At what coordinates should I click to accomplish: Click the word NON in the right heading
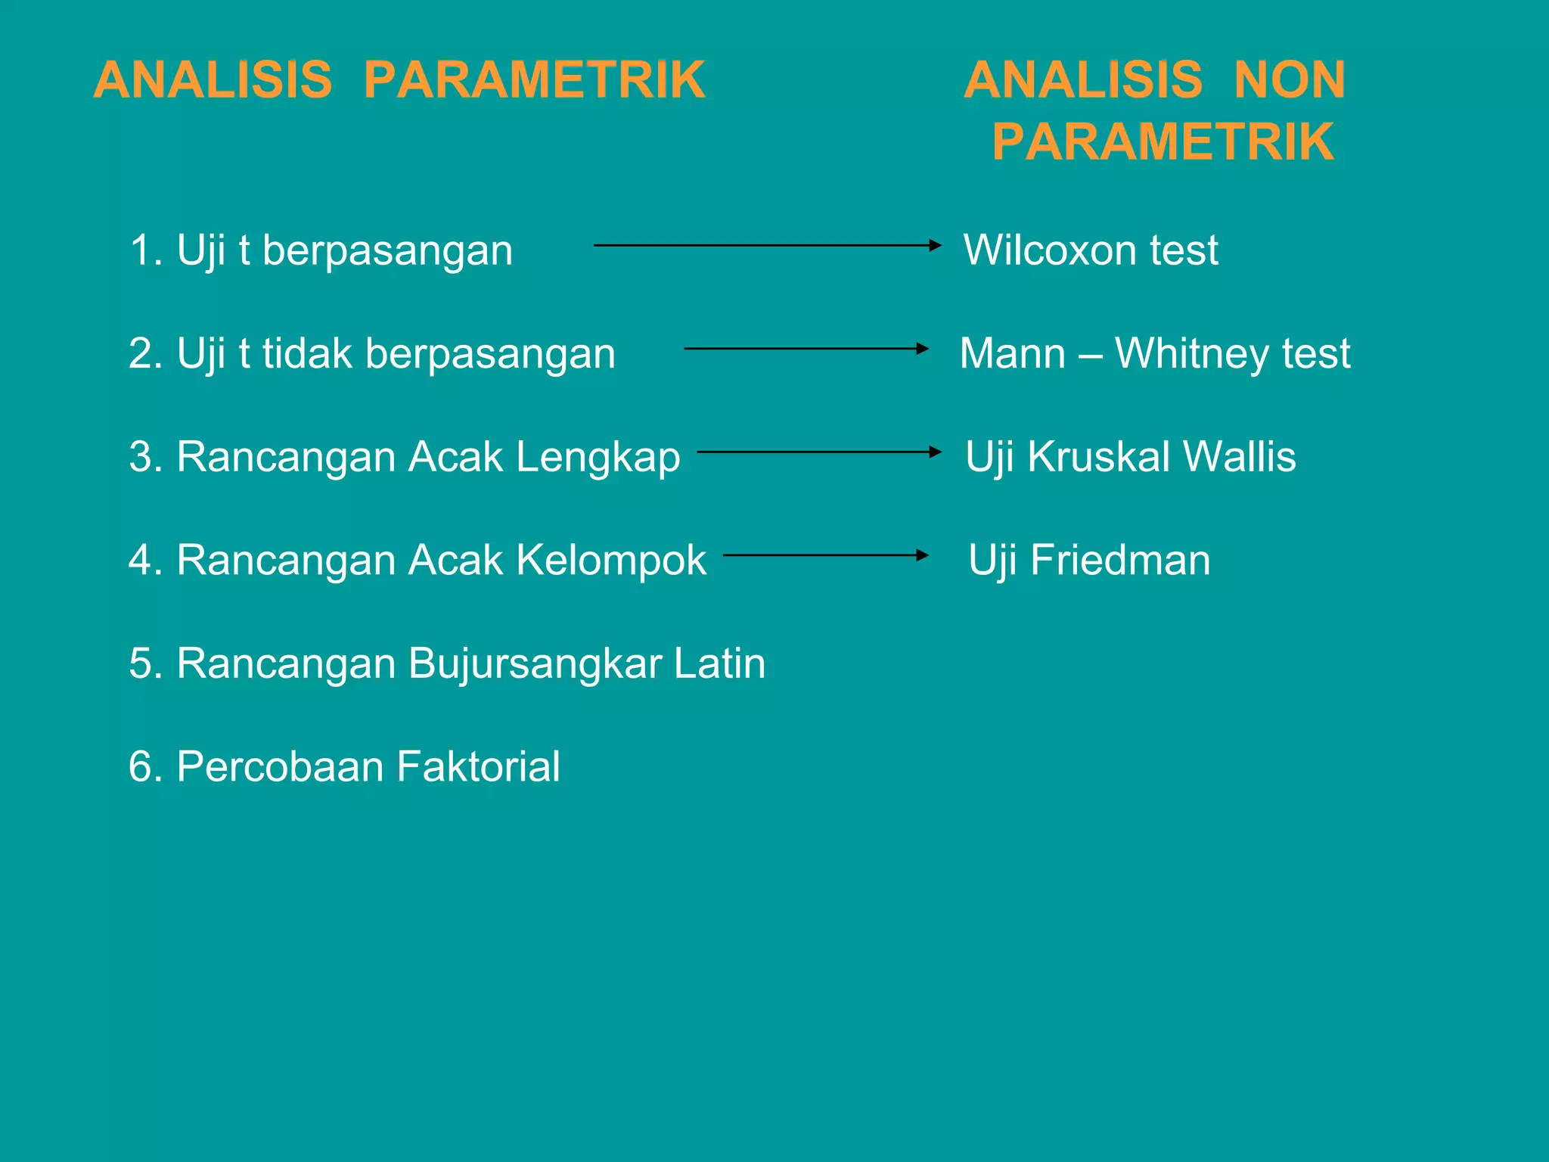[1290, 80]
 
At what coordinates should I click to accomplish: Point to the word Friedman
[1120, 561]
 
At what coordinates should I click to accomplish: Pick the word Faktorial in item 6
[478, 766]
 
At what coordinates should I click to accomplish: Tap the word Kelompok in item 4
[611, 561]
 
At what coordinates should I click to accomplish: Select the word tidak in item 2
[307, 353]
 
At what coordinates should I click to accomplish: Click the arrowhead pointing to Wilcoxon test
[936, 245]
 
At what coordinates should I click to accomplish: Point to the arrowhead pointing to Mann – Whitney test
[922, 349]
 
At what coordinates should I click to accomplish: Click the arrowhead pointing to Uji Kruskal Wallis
[936, 452]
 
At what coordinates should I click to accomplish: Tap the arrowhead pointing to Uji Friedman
[922, 555]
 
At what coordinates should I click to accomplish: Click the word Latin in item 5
[719, 663]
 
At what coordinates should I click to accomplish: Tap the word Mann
[1013, 353]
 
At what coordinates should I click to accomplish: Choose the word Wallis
[1239, 457]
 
